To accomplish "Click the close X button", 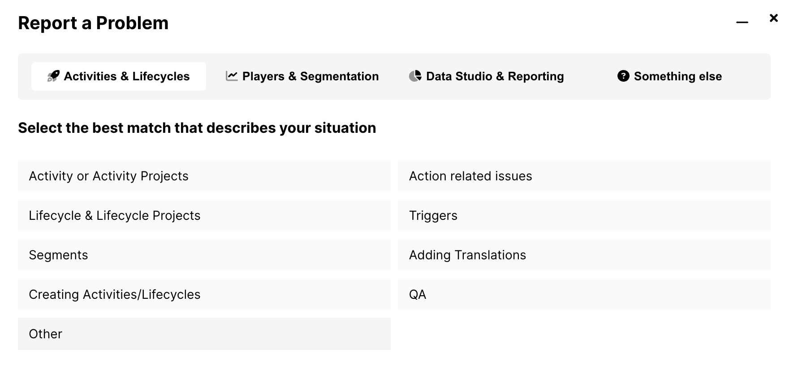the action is (773, 18).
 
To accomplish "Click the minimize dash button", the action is (742, 22).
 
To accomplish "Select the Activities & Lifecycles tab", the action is (119, 76).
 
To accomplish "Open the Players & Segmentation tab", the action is (302, 76).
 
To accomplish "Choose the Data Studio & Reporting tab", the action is (486, 76).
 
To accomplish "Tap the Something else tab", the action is (669, 76).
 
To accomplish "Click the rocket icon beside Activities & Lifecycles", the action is (53, 76).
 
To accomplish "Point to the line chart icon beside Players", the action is (232, 76).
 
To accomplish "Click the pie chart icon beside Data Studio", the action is (415, 76).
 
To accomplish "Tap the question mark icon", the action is (623, 76).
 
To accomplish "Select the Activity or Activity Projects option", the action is (204, 176).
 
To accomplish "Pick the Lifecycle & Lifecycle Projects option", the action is (204, 215).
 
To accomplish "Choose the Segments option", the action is (204, 255).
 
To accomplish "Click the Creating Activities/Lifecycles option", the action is (204, 294).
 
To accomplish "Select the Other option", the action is (204, 334).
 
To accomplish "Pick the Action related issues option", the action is (584, 176).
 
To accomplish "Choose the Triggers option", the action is (584, 215).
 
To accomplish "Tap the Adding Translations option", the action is (584, 255).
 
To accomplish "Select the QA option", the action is (584, 294).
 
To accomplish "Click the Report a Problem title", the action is (93, 23).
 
